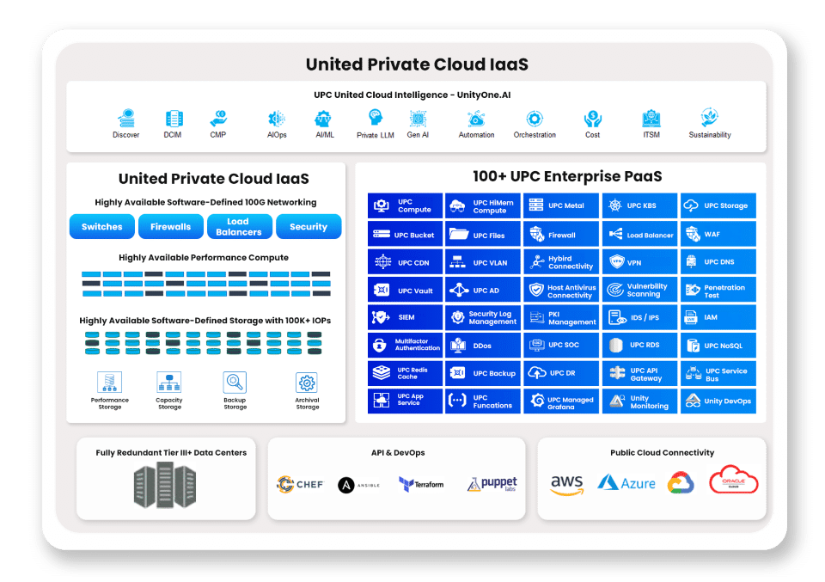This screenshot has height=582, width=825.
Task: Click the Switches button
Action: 102,227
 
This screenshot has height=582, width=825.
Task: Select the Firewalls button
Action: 171,227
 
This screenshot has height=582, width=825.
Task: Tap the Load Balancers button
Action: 239,227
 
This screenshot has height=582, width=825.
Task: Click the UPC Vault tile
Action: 405,291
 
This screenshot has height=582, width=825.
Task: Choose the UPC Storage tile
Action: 718,205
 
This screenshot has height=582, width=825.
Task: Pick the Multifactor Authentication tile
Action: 405,346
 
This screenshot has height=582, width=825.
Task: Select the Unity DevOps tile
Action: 718,401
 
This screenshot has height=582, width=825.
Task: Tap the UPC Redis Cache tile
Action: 405,373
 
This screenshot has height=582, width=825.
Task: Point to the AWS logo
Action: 567,485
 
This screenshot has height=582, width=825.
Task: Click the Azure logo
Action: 626,483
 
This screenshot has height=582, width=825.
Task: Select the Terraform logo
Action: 421,484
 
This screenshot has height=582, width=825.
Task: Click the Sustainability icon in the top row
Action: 710,118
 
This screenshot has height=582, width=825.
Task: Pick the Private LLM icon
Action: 376,118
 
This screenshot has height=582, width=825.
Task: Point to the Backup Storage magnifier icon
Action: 235,382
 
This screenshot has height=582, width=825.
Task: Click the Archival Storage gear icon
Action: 307,382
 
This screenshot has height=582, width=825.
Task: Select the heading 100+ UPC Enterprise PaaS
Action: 567,177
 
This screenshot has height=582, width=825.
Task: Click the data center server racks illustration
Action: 165,486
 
